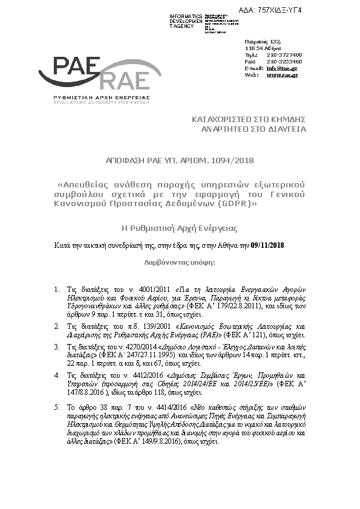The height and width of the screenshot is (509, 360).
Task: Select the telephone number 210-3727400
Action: (284, 55)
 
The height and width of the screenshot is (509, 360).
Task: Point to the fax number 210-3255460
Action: (284, 62)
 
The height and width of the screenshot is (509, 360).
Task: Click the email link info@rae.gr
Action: (282, 68)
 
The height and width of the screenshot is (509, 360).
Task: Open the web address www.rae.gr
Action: (282, 75)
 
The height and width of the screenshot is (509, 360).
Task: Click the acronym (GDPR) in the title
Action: (234, 203)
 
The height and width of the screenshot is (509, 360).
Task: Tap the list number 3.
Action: (56, 347)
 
